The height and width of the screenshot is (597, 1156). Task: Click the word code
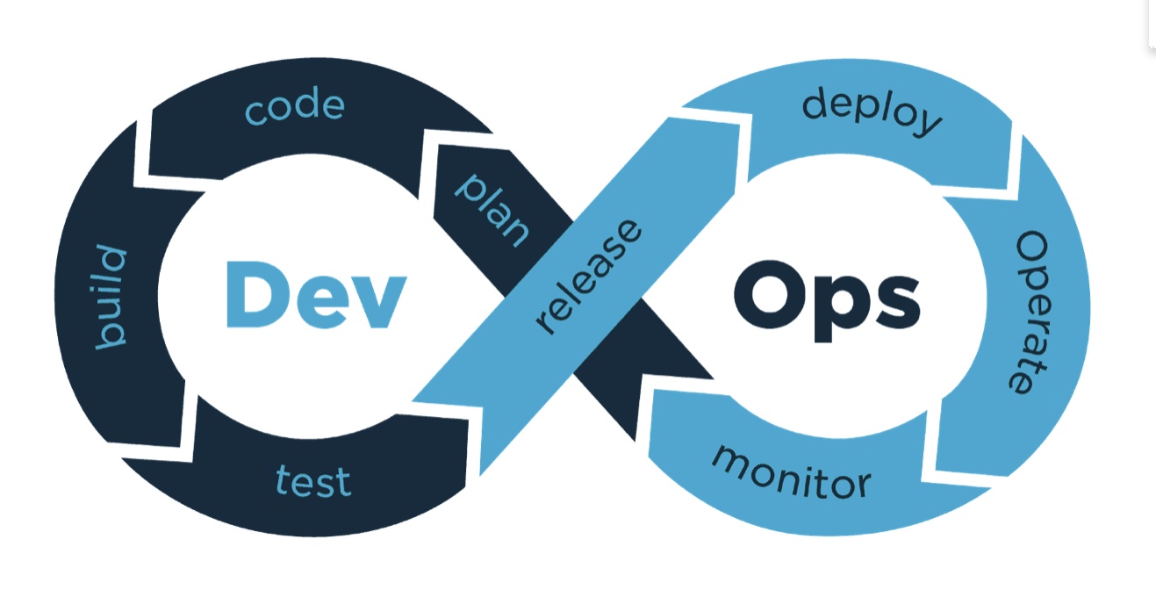(x=295, y=106)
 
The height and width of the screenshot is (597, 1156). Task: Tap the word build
(x=111, y=298)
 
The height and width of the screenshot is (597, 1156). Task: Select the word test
(x=313, y=481)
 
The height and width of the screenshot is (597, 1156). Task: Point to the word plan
(x=492, y=211)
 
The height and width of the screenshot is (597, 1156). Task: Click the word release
(x=589, y=277)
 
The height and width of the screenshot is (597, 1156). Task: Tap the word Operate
(x=1029, y=313)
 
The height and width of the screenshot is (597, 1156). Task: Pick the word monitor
(x=792, y=474)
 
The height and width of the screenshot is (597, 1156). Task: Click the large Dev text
(x=316, y=295)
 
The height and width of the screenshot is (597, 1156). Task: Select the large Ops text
(x=827, y=301)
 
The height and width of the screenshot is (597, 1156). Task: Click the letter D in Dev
(x=257, y=295)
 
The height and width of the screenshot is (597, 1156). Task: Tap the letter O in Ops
(x=769, y=295)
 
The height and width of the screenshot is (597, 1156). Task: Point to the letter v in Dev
(x=379, y=302)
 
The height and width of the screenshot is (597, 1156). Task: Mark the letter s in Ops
(x=900, y=303)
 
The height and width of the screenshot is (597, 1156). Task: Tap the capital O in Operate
(x=1031, y=250)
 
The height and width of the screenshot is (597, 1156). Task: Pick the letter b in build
(x=111, y=334)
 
